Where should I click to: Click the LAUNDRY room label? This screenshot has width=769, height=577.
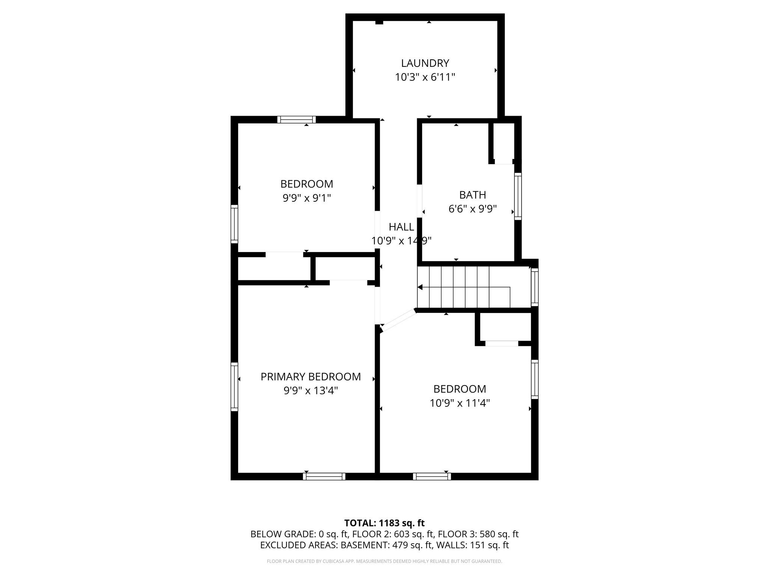coord(425,63)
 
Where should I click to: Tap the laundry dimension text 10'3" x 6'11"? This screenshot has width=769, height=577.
coord(425,77)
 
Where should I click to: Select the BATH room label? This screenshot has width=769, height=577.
coord(472,195)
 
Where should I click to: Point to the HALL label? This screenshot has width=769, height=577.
coord(401,227)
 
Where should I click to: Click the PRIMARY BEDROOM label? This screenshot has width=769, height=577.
coord(311,377)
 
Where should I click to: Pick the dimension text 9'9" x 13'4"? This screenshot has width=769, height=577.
coord(311,391)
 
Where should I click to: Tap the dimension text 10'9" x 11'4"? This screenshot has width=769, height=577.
coord(460,403)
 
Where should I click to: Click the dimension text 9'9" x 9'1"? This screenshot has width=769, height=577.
coord(306,198)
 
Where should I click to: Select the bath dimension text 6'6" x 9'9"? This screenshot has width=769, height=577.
coord(472,209)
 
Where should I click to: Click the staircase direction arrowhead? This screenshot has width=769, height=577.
coord(420,287)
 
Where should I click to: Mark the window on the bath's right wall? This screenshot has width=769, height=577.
coord(518,196)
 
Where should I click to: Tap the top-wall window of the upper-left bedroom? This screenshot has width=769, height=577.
coord(297,120)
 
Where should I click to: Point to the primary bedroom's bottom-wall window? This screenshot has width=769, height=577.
coord(324,476)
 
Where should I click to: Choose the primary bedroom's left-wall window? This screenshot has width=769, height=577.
coord(234,387)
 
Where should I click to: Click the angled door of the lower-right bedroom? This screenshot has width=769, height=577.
coord(398,321)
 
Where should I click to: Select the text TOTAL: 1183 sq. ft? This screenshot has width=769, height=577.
coord(384,523)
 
